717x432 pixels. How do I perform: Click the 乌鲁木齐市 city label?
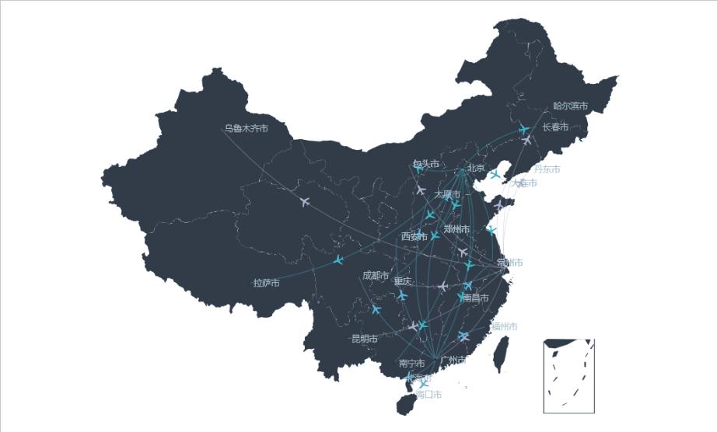coord(246,128)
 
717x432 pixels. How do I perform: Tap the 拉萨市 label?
coord(266,283)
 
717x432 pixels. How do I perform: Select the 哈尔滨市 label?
coord(571,106)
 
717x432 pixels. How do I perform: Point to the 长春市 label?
coord(555,127)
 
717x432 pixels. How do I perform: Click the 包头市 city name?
coord(426,164)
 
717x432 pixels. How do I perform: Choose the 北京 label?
coord(476,168)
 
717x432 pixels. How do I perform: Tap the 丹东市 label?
coord(547,169)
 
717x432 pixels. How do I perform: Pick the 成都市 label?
coord(376,275)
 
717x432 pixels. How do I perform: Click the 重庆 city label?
coord(403,281)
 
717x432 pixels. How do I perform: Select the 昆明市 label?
coord(364,339)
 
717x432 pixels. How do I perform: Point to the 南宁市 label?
coord(411,363)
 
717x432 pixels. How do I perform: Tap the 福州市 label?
coord(504,326)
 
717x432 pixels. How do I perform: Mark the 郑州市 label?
coord(456,229)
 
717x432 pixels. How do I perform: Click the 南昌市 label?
coord(476,298)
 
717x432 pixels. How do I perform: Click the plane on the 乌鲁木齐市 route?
coord(305,202)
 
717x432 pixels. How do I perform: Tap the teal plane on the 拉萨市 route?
coord(338,260)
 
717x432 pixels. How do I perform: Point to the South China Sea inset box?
coord(569,376)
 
